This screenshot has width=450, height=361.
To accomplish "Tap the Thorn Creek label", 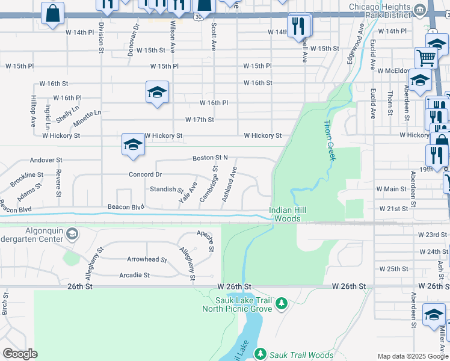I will [x=328, y=140].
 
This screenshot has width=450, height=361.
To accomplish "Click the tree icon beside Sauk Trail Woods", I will [x=260, y=354].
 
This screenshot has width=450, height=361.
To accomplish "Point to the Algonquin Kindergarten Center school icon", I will [x=72, y=233].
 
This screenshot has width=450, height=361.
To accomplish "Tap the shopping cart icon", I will [x=426, y=58].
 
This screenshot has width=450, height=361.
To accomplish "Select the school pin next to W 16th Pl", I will [x=157, y=93].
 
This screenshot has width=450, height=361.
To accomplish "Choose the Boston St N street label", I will [x=210, y=158].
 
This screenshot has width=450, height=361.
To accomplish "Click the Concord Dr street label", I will [x=145, y=174].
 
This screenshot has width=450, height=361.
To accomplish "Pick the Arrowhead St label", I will [x=146, y=260].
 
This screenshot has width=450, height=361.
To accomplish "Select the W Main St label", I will [x=391, y=189].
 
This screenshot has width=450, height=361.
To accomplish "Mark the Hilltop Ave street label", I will [x=33, y=112].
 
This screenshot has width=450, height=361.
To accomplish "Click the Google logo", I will [x=20, y=353].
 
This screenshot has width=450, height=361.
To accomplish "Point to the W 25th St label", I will [x=393, y=268].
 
